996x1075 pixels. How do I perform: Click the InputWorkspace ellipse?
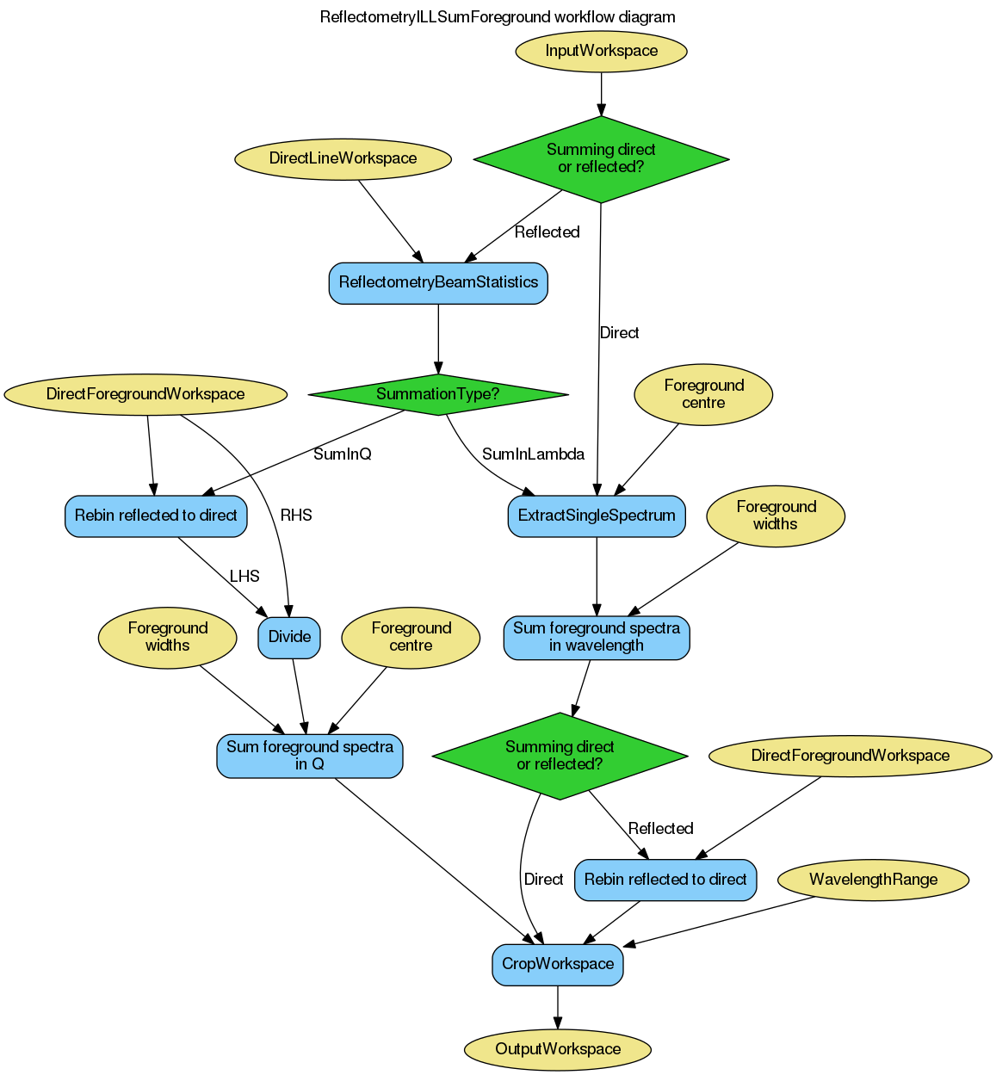click(x=601, y=51)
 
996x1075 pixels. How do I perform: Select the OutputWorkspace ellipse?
click(x=558, y=1049)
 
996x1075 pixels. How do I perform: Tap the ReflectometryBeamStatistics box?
click(x=438, y=283)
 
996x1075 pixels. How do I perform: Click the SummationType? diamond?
click(x=438, y=395)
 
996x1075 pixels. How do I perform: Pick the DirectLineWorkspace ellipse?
click(x=343, y=158)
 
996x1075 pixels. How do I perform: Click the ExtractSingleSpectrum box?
click(x=597, y=516)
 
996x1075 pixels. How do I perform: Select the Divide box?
click(x=289, y=638)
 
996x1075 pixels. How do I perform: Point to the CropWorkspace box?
click(x=558, y=965)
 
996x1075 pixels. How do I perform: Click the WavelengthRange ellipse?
click(x=873, y=880)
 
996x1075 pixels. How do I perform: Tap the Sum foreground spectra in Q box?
click(x=310, y=757)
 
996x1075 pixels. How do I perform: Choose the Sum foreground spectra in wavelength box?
click(x=597, y=638)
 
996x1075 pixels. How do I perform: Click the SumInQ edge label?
click(x=342, y=454)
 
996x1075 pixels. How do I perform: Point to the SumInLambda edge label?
click(x=533, y=454)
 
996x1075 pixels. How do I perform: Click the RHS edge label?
click(x=296, y=516)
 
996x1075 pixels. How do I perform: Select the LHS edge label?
click(x=244, y=577)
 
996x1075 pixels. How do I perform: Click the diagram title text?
click(x=498, y=17)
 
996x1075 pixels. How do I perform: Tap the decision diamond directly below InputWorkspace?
click(x=601, y=159)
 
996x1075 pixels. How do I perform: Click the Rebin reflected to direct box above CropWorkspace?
click(x=665, y=880)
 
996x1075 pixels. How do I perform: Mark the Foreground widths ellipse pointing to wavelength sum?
click(x=776, y=516)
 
